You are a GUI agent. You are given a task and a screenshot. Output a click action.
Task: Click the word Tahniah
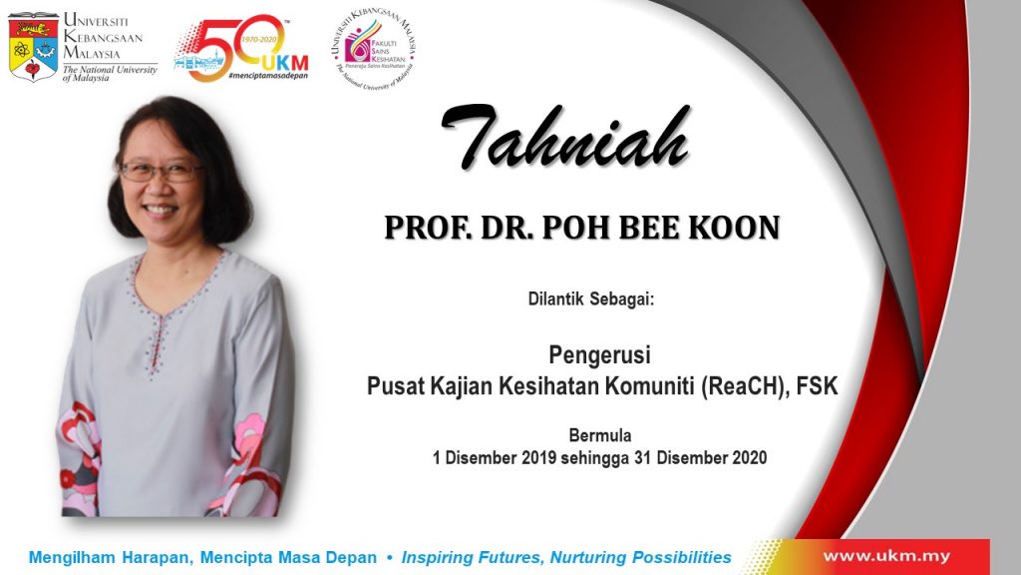click(x=565, y=137)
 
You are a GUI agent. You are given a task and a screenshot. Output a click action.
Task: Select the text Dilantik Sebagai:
click(x=590, y=299)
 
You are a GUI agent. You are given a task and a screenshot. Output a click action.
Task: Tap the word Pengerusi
click(x=599, y=355)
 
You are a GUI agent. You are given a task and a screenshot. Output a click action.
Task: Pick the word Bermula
click(x=599, y=435)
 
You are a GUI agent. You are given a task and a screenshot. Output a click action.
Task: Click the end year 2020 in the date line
click(x=750, y=457)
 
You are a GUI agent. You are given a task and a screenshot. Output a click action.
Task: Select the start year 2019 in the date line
click(x=539, y=457)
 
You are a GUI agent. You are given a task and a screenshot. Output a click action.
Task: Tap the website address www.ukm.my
click(x=886, y=557)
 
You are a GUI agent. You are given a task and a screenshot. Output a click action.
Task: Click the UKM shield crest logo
click(x=33, y=47)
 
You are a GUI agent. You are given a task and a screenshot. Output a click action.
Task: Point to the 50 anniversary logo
click(x=241, y=48)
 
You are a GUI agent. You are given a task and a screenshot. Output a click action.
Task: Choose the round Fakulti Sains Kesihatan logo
click(x=373, y=49)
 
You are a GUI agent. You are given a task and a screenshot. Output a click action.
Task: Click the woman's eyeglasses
click(x=161, y=172)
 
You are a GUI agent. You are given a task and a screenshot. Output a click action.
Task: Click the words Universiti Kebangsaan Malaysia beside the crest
click(x=103, y=37)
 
